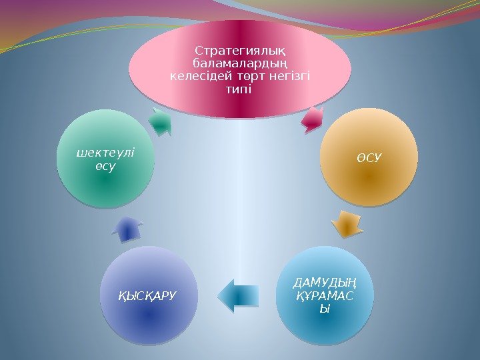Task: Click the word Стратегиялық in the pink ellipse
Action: click(240, 51)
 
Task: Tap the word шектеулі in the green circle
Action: click(105, 153)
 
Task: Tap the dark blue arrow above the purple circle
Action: click(129, 228)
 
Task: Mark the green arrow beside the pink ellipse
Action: click(159, 120)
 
